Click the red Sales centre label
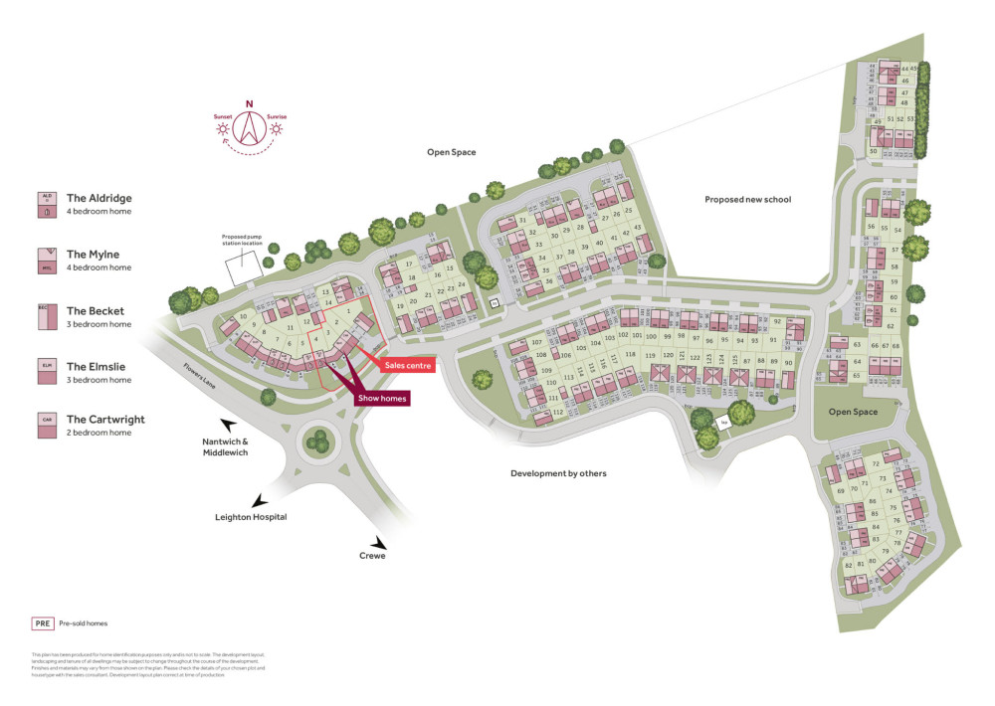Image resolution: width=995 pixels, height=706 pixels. pos(408,366)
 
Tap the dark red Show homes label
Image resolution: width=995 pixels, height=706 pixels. pos(382,399)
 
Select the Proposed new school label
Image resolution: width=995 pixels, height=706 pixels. pos(747,200)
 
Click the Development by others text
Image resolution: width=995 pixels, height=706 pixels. pos(558,473)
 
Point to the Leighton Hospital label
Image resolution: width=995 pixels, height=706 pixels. pos(251,517)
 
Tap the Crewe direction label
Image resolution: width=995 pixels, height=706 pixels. pos(373,556)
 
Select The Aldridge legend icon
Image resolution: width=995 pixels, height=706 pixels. pos(46,205)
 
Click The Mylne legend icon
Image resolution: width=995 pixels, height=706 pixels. pos(46,261)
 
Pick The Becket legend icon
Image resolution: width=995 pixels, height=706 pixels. pos(46,317)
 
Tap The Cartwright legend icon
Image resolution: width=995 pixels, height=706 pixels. pos(46,426)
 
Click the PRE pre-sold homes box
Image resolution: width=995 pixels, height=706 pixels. pos(42,623)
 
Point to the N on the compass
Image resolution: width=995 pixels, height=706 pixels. pos(250,104)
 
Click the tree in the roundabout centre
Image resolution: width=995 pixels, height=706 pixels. pos(318,439)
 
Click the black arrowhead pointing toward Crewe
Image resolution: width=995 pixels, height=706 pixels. pos(379,542)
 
